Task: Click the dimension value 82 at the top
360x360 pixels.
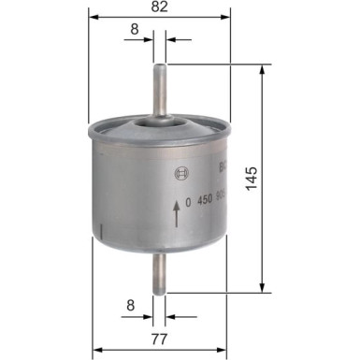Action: tap(160, 7)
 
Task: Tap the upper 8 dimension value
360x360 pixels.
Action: tap(135, 30)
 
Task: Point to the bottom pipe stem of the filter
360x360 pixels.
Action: tap(160, 271)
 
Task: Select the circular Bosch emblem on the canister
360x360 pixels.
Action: tap(180, 172)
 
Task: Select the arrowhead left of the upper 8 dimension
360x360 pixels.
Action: tap(151, 42)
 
